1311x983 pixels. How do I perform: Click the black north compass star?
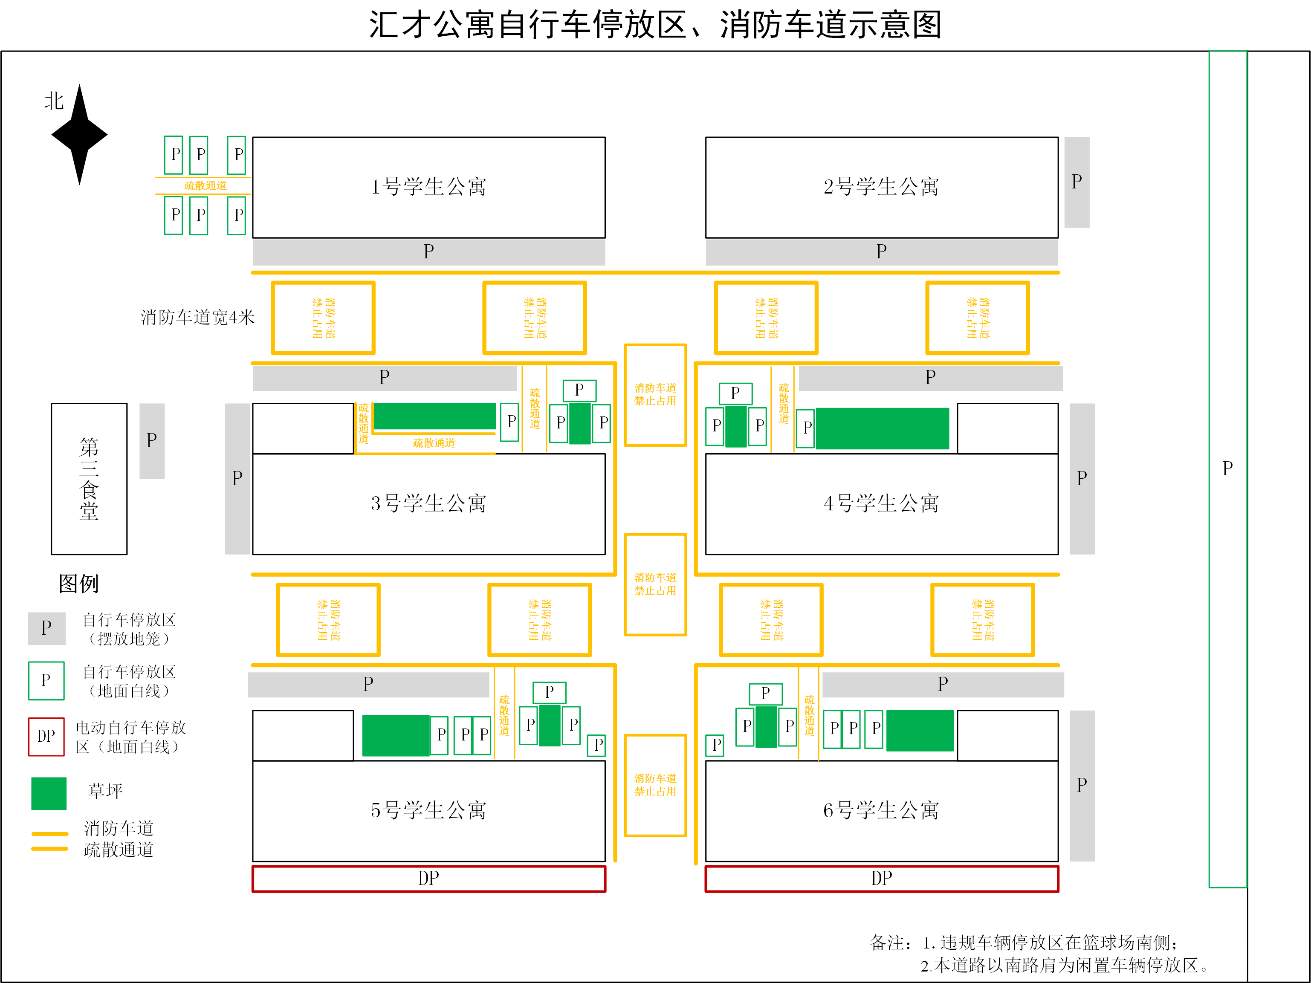79,135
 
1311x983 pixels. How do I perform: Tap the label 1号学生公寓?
428,187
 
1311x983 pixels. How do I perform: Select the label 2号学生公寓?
881,187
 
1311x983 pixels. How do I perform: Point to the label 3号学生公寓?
428,503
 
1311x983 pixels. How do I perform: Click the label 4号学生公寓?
881,503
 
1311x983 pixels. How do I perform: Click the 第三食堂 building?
89,479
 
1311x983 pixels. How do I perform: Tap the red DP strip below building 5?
428,879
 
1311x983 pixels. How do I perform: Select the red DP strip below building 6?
881,879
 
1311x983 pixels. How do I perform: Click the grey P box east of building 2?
1077,182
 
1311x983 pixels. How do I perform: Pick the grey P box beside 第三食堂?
152,441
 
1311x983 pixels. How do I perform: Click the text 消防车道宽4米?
197,318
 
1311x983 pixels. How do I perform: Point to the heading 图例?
78,584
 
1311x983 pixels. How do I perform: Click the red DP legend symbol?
46,737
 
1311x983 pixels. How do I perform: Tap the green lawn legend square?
49,793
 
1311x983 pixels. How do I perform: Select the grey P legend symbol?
46,628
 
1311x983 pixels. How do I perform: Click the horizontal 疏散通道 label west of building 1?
205,186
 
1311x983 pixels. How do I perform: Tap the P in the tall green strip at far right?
1227,468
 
